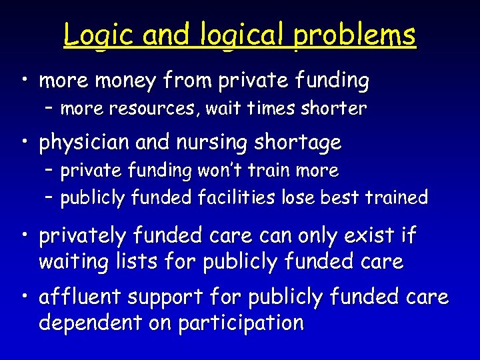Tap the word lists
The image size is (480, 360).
click(x=139, y=262)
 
